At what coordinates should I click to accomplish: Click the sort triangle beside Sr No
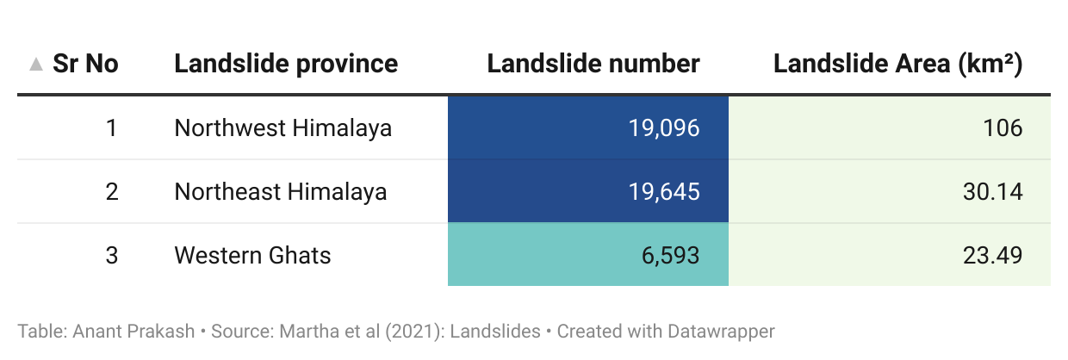[35, 64]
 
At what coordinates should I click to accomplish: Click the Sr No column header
[85, 64]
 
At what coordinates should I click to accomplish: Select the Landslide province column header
[286, 64]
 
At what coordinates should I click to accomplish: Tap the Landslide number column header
[593, 64]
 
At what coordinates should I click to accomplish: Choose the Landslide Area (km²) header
[897, 64]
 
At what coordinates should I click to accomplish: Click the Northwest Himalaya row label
[283, 128]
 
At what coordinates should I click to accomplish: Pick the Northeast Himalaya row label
[280, 191]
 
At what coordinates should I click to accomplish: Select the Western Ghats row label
[252, 255]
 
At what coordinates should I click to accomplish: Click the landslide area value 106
[1003, 128]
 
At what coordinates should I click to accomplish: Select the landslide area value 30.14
[993, 191]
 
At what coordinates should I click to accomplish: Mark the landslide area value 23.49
[993, 255]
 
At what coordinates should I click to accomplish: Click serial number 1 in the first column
[111, 128]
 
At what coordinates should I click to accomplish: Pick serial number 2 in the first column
[111, 191]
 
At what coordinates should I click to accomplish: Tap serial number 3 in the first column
[111, 255]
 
